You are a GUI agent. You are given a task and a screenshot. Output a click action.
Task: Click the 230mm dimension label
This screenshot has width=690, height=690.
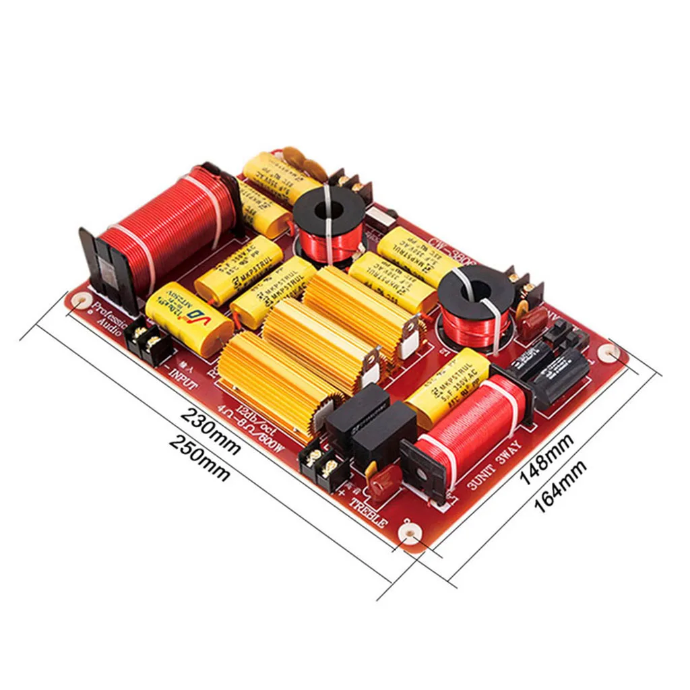coord(210,431)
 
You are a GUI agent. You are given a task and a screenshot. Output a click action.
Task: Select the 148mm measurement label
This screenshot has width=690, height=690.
coord(546,460)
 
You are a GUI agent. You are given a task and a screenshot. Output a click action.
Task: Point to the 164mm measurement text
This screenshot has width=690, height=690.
coord(561,484)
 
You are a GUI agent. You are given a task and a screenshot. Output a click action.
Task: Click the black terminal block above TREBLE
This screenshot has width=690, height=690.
coord(321,465)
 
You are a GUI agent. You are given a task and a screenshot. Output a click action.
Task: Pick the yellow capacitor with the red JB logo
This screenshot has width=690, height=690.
coord(189,317)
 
